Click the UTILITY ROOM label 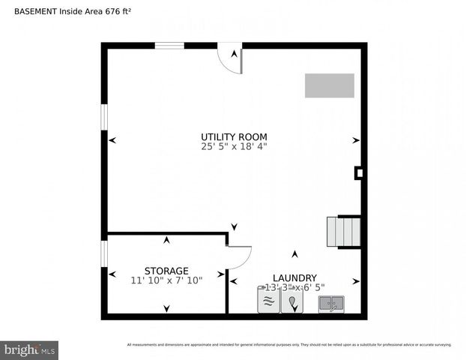234,136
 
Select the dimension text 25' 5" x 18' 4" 234,147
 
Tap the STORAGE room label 166,271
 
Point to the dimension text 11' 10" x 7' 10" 166,280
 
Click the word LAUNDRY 294,277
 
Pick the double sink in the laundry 331,304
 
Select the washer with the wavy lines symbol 268,301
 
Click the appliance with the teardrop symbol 291,301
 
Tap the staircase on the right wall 344,232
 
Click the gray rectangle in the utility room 329,85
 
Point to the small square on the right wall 359,173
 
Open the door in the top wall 231,58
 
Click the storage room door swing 238,257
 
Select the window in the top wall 169,46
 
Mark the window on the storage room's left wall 104,253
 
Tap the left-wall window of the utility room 104,119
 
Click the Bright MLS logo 30,349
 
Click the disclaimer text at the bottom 289,345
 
